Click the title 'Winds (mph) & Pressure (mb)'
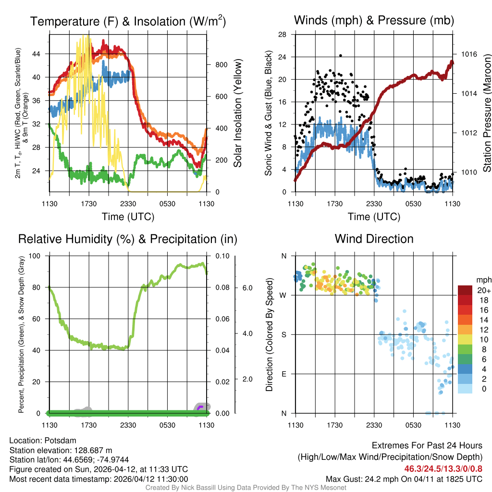coord(374,21)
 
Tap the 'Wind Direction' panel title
coord(374,239)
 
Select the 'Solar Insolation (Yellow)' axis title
coord(238,113)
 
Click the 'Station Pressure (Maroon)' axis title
coord(486,113)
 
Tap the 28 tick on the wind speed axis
coord(282,35)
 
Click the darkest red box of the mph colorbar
coord(466,290)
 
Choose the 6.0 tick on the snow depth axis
coord(247,287)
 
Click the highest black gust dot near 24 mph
coord(340,56)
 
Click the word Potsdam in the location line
coord(60,440)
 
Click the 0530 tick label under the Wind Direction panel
coord(413,425)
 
